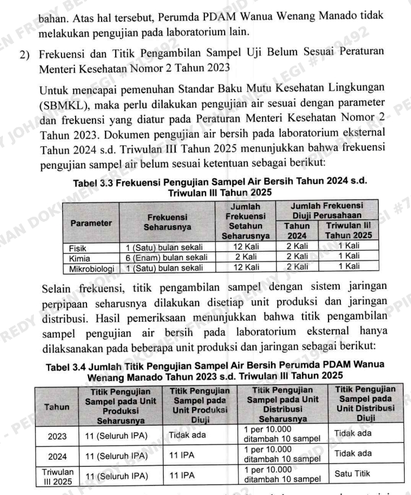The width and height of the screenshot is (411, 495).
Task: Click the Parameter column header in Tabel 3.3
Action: point(90,222)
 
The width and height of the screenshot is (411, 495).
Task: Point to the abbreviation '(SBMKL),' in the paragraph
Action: point(62,105)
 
